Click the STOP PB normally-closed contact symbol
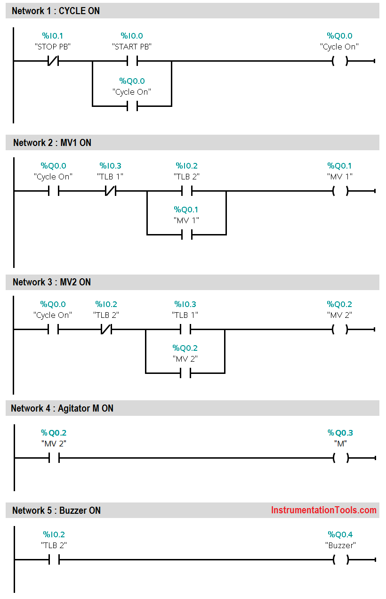53,61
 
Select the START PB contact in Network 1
132,61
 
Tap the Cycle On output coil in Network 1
339,61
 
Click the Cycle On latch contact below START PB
132,106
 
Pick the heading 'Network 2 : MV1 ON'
52,143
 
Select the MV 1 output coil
339,191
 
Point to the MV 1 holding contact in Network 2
187,235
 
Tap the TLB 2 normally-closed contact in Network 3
106,330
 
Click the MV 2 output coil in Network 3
339,330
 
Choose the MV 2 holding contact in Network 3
185,373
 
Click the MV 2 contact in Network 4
54,458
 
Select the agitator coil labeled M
340,458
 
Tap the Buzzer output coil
340,559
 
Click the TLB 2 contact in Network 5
54,559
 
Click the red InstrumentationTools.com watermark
323,510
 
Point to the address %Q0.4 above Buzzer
340,534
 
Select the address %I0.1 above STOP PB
53,36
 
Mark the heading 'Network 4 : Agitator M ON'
62,408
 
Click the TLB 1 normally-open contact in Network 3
185,330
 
